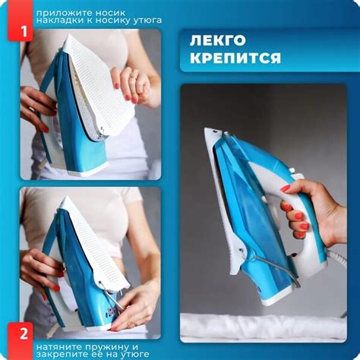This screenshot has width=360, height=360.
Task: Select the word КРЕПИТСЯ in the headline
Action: coord(235,58)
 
